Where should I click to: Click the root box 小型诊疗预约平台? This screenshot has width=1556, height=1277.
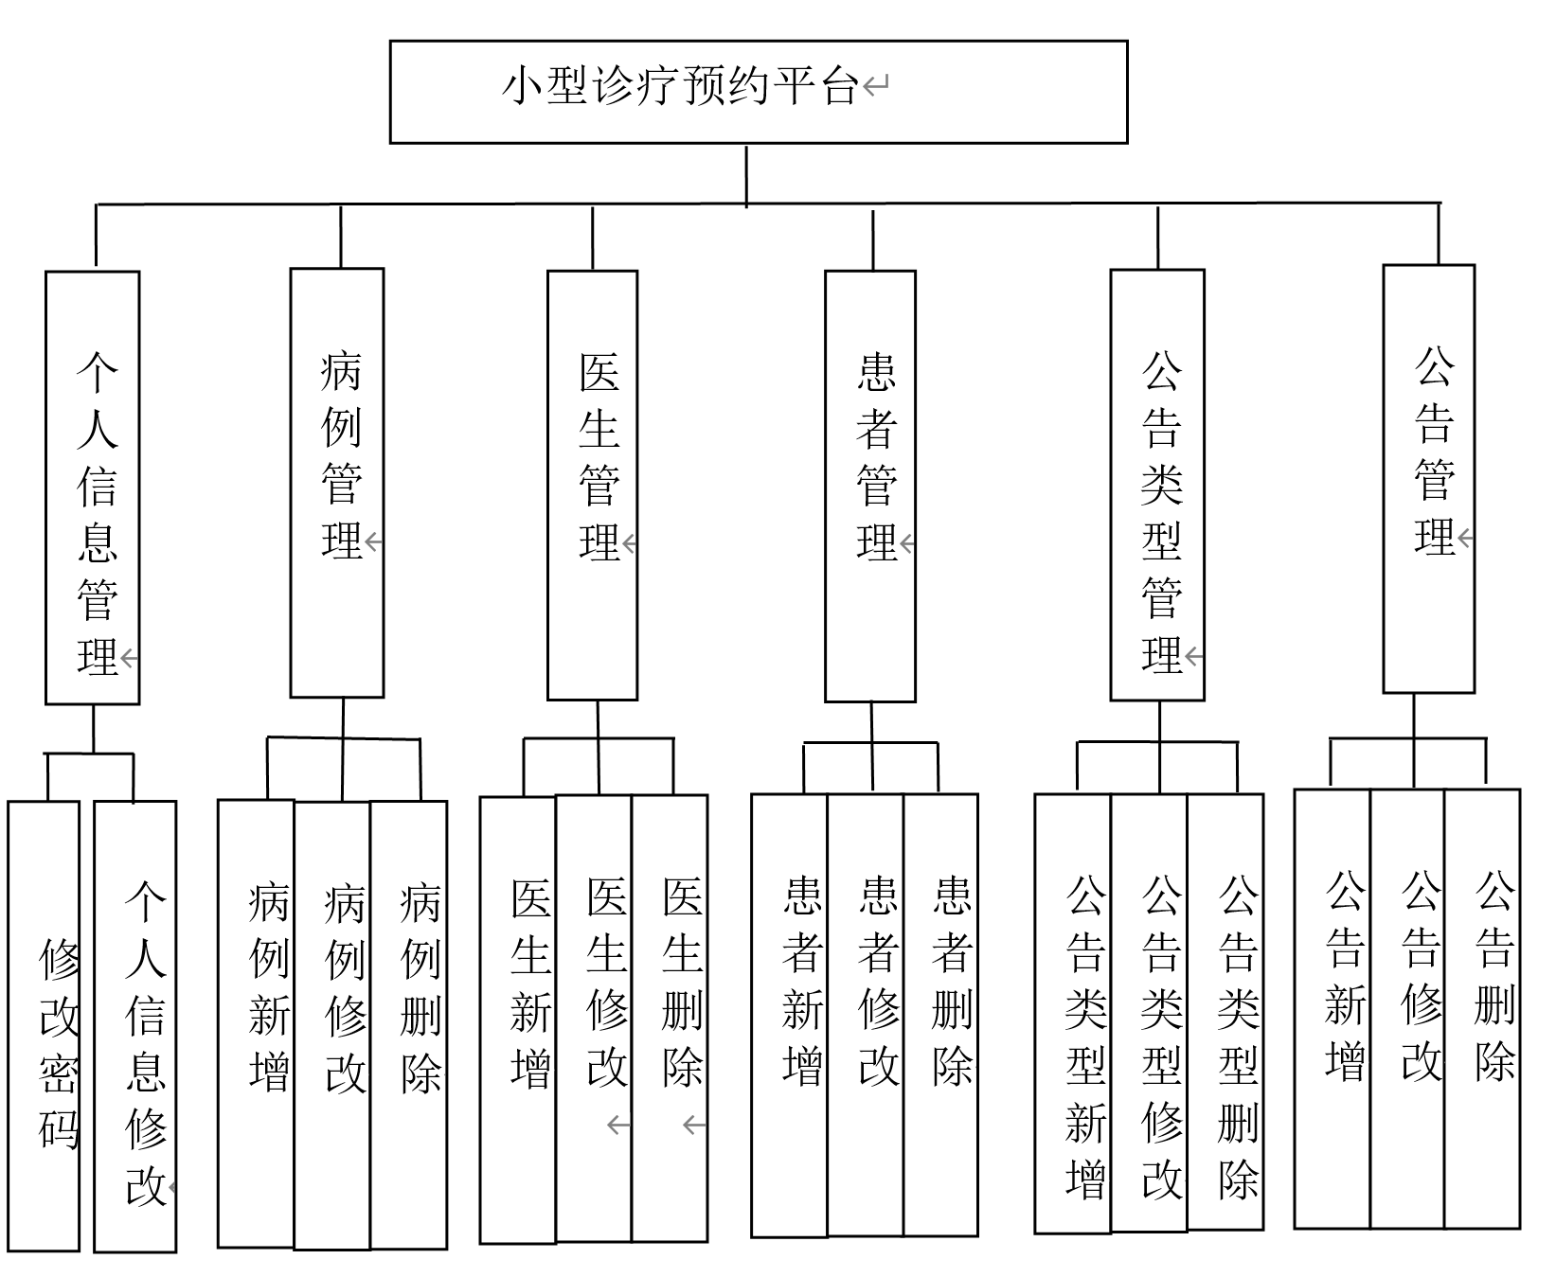[x=758, y=91]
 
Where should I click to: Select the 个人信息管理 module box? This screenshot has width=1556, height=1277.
[x=93, y=488]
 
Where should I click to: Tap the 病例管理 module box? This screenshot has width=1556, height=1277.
[x=336, y=483]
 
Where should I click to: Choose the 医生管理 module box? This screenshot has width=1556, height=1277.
[x=592, y=485]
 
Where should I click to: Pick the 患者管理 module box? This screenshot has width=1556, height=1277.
[x=869, y=486]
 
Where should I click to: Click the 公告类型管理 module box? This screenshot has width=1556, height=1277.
[x=1156, y=485]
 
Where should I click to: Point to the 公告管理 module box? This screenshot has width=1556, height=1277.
[x=1428, y=479]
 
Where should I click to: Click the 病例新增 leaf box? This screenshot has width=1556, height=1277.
[x=256, y=1024]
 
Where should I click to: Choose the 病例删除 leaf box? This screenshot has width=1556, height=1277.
[x=408, y=1024]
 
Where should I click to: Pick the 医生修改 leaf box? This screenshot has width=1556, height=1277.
[x=594, y=1018]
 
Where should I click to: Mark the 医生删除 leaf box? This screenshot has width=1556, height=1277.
[x=670, y=1018]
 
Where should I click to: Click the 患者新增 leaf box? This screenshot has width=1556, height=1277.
[x=789, y=1015]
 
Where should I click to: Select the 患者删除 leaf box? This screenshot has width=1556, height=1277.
[x=940, y=1015]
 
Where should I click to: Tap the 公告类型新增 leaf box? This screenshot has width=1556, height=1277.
[x=1072, y=1013]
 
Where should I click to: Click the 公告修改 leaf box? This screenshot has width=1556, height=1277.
[x=1407, y=1008]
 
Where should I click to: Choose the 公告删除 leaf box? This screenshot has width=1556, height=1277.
[x=1482, y=1008]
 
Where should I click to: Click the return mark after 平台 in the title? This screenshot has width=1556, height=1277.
[x=876, y=87]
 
